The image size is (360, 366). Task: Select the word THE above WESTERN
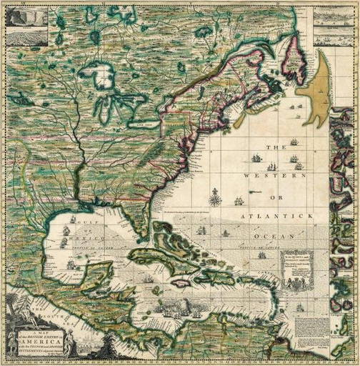click(x=276, y=148)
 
